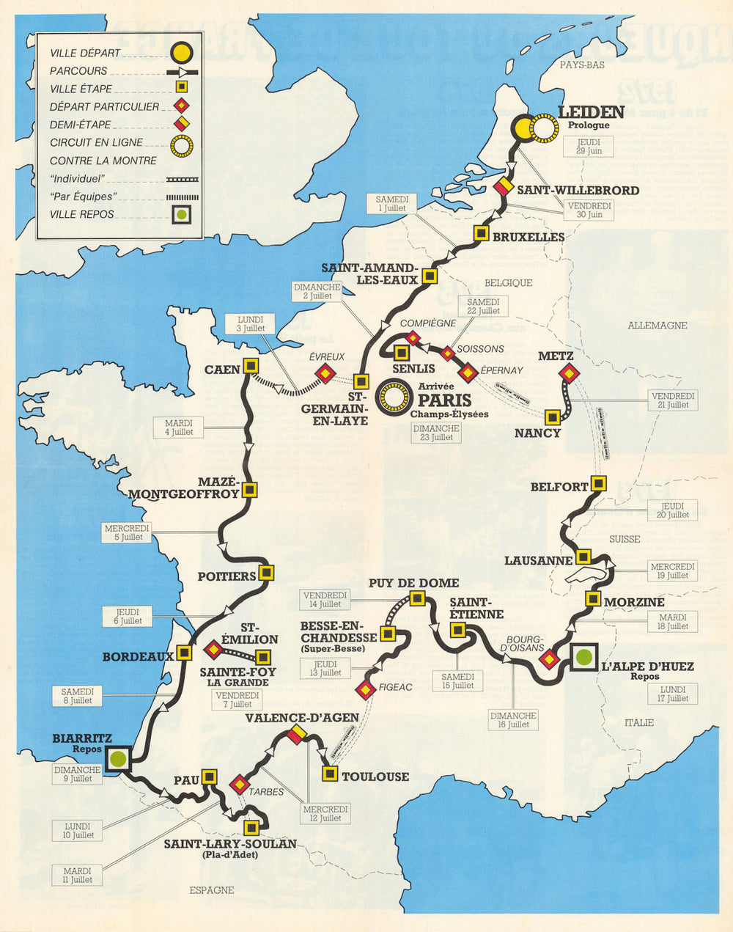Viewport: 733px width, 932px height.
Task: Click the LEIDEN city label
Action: click(591, 112)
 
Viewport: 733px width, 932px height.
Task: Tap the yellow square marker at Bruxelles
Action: click(481, 233)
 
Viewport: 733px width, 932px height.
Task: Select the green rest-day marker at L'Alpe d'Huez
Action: click(583, 657)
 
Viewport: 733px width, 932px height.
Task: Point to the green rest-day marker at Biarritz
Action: click(117, 758)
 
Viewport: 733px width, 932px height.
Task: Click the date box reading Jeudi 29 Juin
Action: click(589, 146)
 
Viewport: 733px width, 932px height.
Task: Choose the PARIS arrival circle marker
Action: click(392, 398)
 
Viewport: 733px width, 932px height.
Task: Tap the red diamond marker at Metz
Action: click(568, 374)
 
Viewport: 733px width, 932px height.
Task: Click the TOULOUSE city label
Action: click(375, 777)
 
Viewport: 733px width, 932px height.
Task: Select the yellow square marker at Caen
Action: click(251, 365)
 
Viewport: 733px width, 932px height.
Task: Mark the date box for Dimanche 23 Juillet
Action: click(435, 433)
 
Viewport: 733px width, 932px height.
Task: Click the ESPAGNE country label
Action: click(211, 889)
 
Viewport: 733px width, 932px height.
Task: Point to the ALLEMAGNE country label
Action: click(657, 325)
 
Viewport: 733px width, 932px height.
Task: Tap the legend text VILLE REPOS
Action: click(82, 214)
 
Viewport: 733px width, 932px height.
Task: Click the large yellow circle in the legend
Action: click(181, 53)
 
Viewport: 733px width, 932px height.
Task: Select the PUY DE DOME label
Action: click(413, 583)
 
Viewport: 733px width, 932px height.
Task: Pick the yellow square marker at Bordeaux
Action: click(184, 653)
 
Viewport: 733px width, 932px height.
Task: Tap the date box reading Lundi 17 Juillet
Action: click(673, 694)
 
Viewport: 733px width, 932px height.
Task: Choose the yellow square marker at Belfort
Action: click(599, 483)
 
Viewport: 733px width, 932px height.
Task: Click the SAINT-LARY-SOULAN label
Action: click(230, 844)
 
